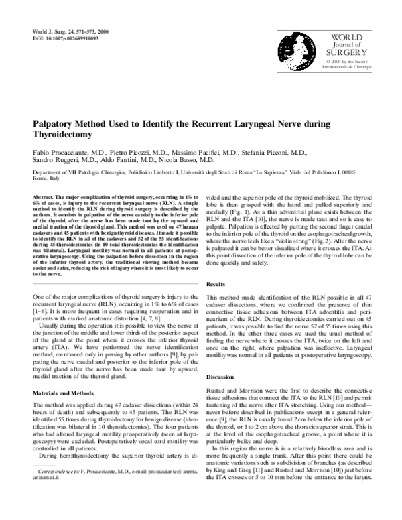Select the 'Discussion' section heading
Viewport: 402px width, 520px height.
222,396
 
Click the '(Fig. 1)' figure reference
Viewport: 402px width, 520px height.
247,226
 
